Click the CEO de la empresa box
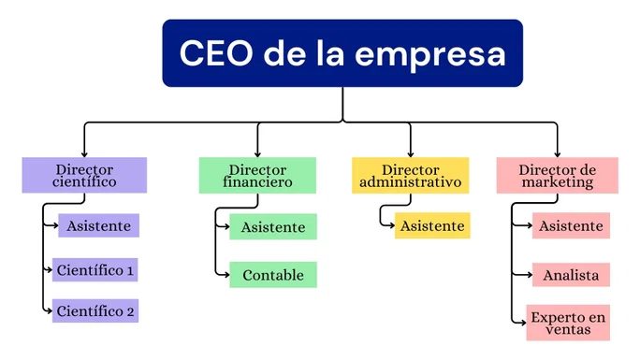342,53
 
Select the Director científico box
84,175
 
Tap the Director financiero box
257,175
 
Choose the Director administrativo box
410,175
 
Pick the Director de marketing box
557,175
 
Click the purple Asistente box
99,225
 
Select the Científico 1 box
95,269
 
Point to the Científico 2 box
95,310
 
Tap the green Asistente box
273,226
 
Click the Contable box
273,275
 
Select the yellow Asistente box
432,225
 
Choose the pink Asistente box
571,225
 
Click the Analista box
571,275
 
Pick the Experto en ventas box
568,323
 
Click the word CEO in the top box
216,53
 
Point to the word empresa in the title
430,56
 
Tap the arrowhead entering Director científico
84,154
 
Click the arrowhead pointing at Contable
226,275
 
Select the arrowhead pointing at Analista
530,275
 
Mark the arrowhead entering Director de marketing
557,154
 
